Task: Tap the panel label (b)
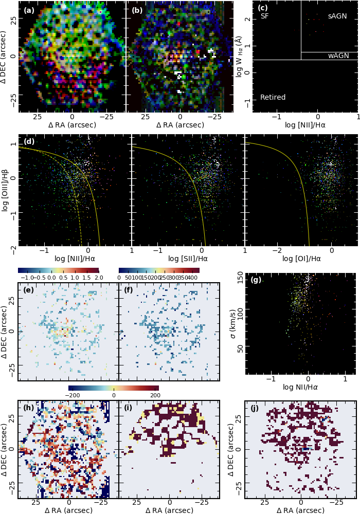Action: click(137, 9)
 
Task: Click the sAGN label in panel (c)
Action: click(337, 16)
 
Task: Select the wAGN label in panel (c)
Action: click(339, 56)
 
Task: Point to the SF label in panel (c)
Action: click(265, 16)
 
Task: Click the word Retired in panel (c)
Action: click(273, 97)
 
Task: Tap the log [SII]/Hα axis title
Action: click(188, 259)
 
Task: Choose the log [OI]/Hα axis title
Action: click(301, 259)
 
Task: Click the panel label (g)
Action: click(256, 280)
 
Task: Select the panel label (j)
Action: click(256, 409)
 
